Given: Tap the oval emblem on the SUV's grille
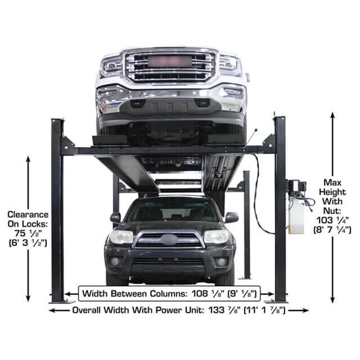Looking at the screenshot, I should coord(169,239).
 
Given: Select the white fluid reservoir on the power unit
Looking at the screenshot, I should coord(297,216).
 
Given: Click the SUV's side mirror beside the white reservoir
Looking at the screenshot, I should coord(231,217).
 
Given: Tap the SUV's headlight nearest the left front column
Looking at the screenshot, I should coord(121,237).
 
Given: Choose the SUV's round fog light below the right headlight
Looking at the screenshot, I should coord(221,262).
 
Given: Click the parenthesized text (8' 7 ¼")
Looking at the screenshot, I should coord(333,230).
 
